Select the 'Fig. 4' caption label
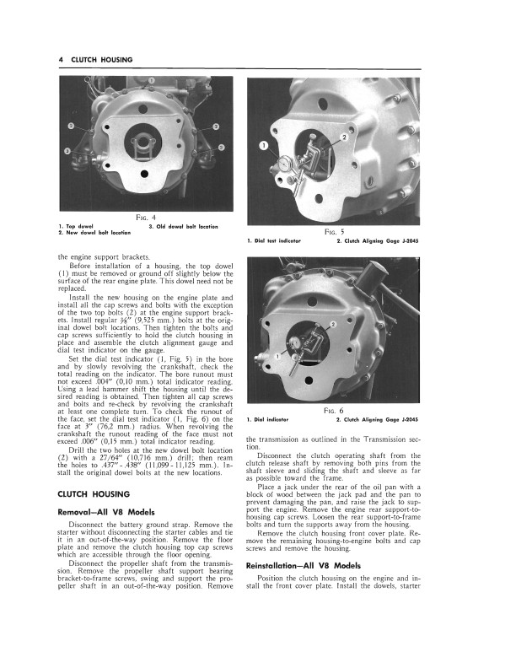[153, 217]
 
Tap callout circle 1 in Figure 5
[263, 145]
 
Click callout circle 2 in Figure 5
[343, 137]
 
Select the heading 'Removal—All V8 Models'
[106, 512]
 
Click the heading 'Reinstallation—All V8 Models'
[304, 588]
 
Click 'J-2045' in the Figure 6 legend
[411, 420]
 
